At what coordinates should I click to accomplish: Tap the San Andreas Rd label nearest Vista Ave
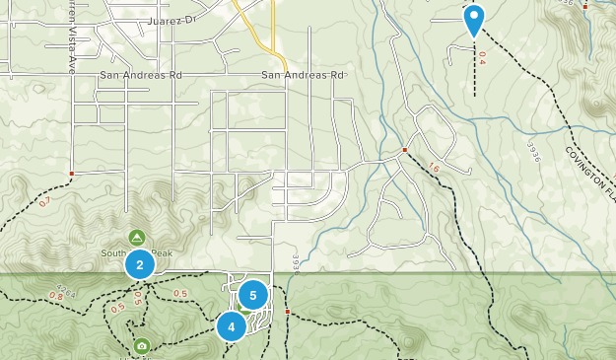point(141,75)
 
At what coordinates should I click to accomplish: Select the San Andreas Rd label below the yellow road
point(303,75)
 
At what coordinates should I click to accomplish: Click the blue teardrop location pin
point(474,19)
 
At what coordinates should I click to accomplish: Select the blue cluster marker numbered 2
point(140,264)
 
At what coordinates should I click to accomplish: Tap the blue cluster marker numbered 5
point(253,294)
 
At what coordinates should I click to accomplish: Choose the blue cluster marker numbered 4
point(232,326)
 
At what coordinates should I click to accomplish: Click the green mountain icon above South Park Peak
point(137,238)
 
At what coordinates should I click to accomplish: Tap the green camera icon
point(142,346)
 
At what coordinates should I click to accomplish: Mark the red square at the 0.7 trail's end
point(72,174)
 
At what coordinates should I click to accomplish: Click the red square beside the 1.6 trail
point(404,150)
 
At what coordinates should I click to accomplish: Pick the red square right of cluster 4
point(287,312)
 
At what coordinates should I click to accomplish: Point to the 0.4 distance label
point(481,60)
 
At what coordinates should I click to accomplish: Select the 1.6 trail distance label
point(434,168)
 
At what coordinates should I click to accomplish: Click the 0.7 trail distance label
point(44,202)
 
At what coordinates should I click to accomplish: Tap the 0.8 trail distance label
point(56,296)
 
